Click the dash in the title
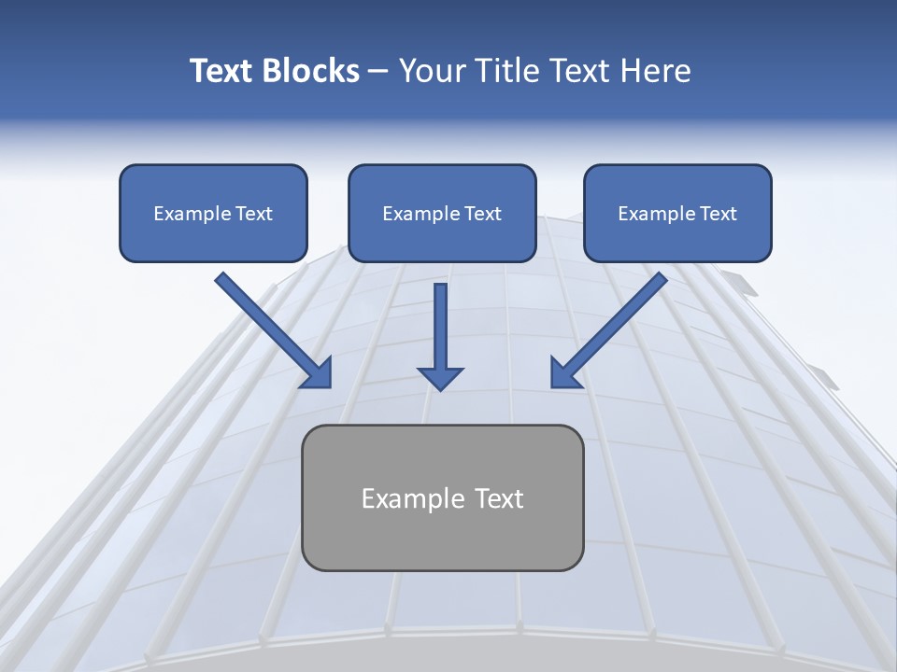point(378,72)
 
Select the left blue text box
point(213,213)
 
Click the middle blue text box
point(442,213)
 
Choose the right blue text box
point(677,213)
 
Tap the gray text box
point(442,497)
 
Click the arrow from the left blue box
point(271,327)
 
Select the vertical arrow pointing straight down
point(440,331)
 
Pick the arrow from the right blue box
point(612,327)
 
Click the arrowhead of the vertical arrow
point(440,377)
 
